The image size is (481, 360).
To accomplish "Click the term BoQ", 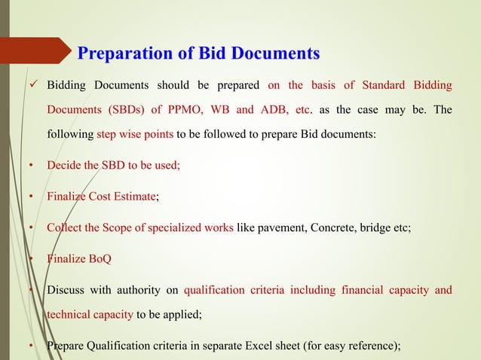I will click(x=97, y=258).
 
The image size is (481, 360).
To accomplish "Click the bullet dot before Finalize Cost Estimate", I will click(x=32, y=197).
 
